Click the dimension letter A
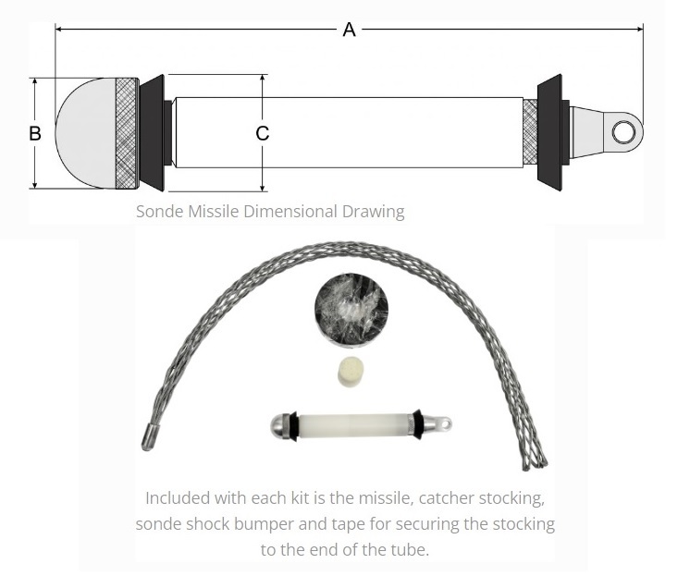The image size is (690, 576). point(349,30)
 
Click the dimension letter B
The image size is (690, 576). point(35,133)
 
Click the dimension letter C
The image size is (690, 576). point(263,133)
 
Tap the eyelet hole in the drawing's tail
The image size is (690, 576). point(624,132)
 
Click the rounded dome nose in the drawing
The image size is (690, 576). point(86,133)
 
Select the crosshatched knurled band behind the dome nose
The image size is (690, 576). point(127,133)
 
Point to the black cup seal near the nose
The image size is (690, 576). point(153,133)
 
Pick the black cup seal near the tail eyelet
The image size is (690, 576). point(550,132)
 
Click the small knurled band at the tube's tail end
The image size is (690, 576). point(530,132)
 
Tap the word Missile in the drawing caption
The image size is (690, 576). point(214,212)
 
